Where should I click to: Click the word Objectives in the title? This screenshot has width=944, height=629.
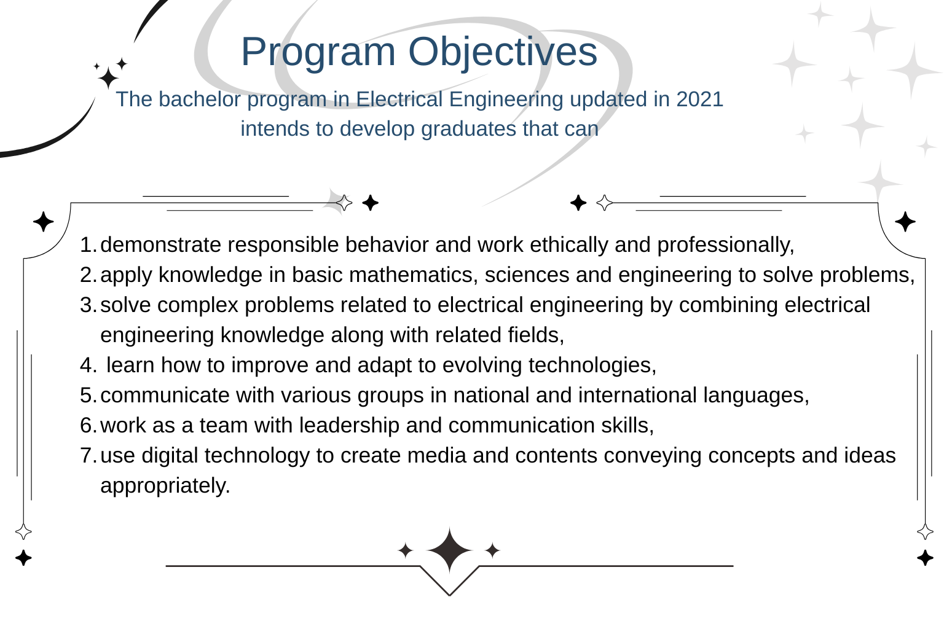click(503, 52)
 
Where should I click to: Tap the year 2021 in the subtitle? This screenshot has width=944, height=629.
click(699, 100)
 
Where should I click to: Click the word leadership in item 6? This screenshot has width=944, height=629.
click(349, 426)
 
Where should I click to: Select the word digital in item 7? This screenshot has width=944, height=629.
click(170, 456)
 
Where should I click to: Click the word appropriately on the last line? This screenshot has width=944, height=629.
click(165, 486)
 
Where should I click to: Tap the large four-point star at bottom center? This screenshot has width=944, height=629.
click(449, 550)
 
